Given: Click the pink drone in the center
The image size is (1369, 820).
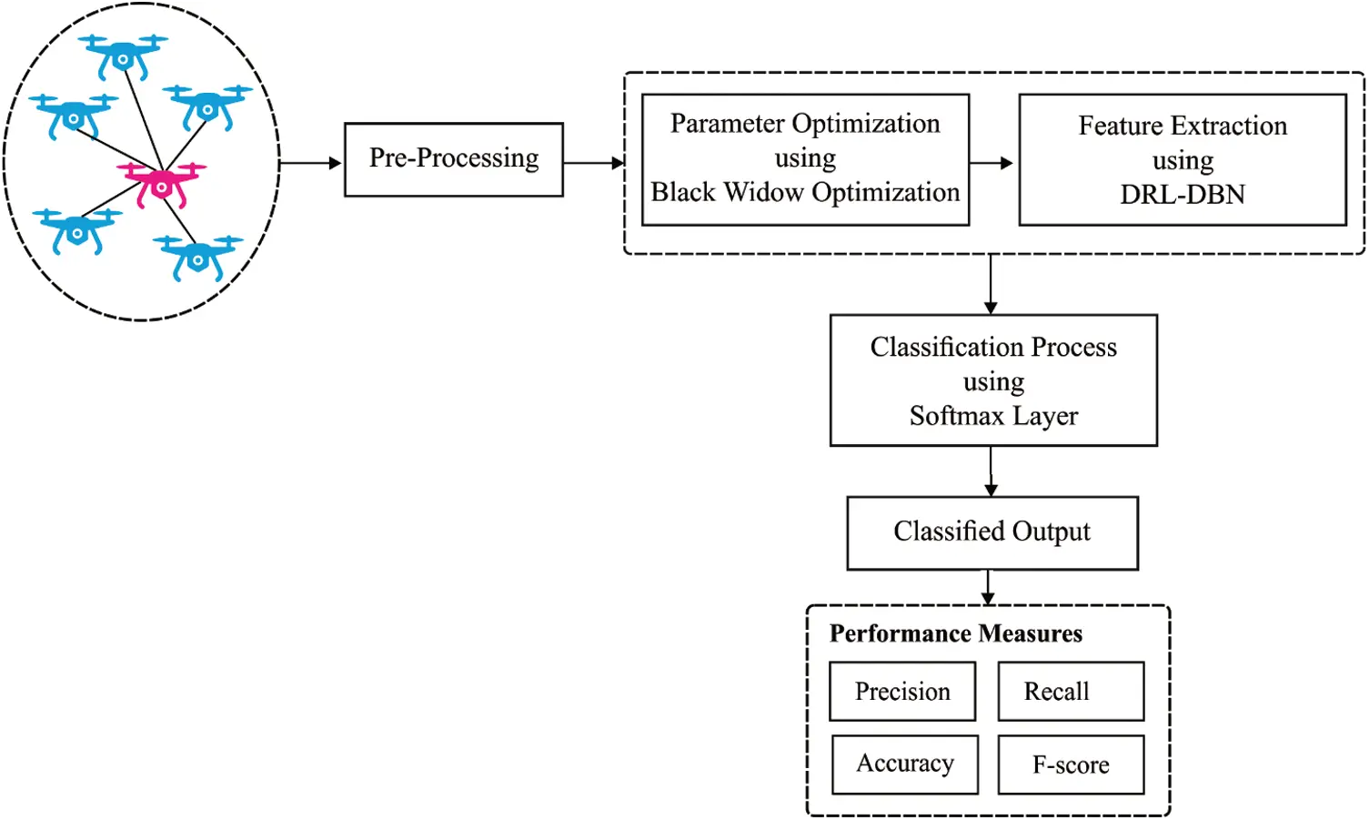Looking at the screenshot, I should click(162, 183).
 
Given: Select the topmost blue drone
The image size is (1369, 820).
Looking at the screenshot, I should click(122, 56).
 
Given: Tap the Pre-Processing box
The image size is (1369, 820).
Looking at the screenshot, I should click(453, 159).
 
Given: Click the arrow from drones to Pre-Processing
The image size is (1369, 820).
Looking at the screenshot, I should click(310, 163).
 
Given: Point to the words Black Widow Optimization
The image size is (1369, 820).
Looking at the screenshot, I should click(805, 193).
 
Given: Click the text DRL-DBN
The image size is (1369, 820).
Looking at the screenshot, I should click(1182, 195).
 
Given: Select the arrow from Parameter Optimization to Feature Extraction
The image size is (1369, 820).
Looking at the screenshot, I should click(992, 163).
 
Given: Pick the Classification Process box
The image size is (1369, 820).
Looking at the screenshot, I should click(993, 380).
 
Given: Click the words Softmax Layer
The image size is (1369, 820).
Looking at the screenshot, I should click(993, 416).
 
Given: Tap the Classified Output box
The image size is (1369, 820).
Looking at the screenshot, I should click(992, 532).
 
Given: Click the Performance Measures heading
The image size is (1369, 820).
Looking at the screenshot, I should click(955, 633).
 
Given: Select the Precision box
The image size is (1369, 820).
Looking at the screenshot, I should click(902, 692).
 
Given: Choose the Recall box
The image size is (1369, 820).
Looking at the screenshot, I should click(1070, 692).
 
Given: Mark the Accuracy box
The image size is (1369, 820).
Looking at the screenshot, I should click(905, 764).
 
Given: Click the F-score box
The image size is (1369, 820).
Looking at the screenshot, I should click(1071, 764).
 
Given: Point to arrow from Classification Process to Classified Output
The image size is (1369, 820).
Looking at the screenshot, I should click(991, 471).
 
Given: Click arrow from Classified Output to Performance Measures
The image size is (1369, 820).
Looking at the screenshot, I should click(988, 587).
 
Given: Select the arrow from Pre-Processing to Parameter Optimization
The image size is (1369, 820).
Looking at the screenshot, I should click(593, 163).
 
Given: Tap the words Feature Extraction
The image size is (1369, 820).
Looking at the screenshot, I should click(1182, 126).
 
